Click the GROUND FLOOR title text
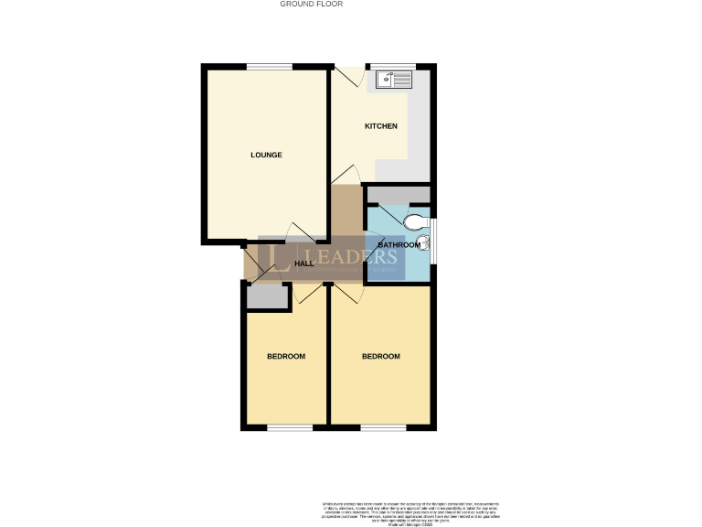pos(311,4)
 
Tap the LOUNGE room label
pos(266,155)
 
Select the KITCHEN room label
pos(381,126)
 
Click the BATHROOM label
pos(399,245)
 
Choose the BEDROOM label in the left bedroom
pos(285,356)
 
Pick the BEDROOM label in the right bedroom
pos(381,356)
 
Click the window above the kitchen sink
pos(392,65)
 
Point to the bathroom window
pos(432,235)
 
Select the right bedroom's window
pos(382,427)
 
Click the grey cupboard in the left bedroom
pos(267,296)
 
